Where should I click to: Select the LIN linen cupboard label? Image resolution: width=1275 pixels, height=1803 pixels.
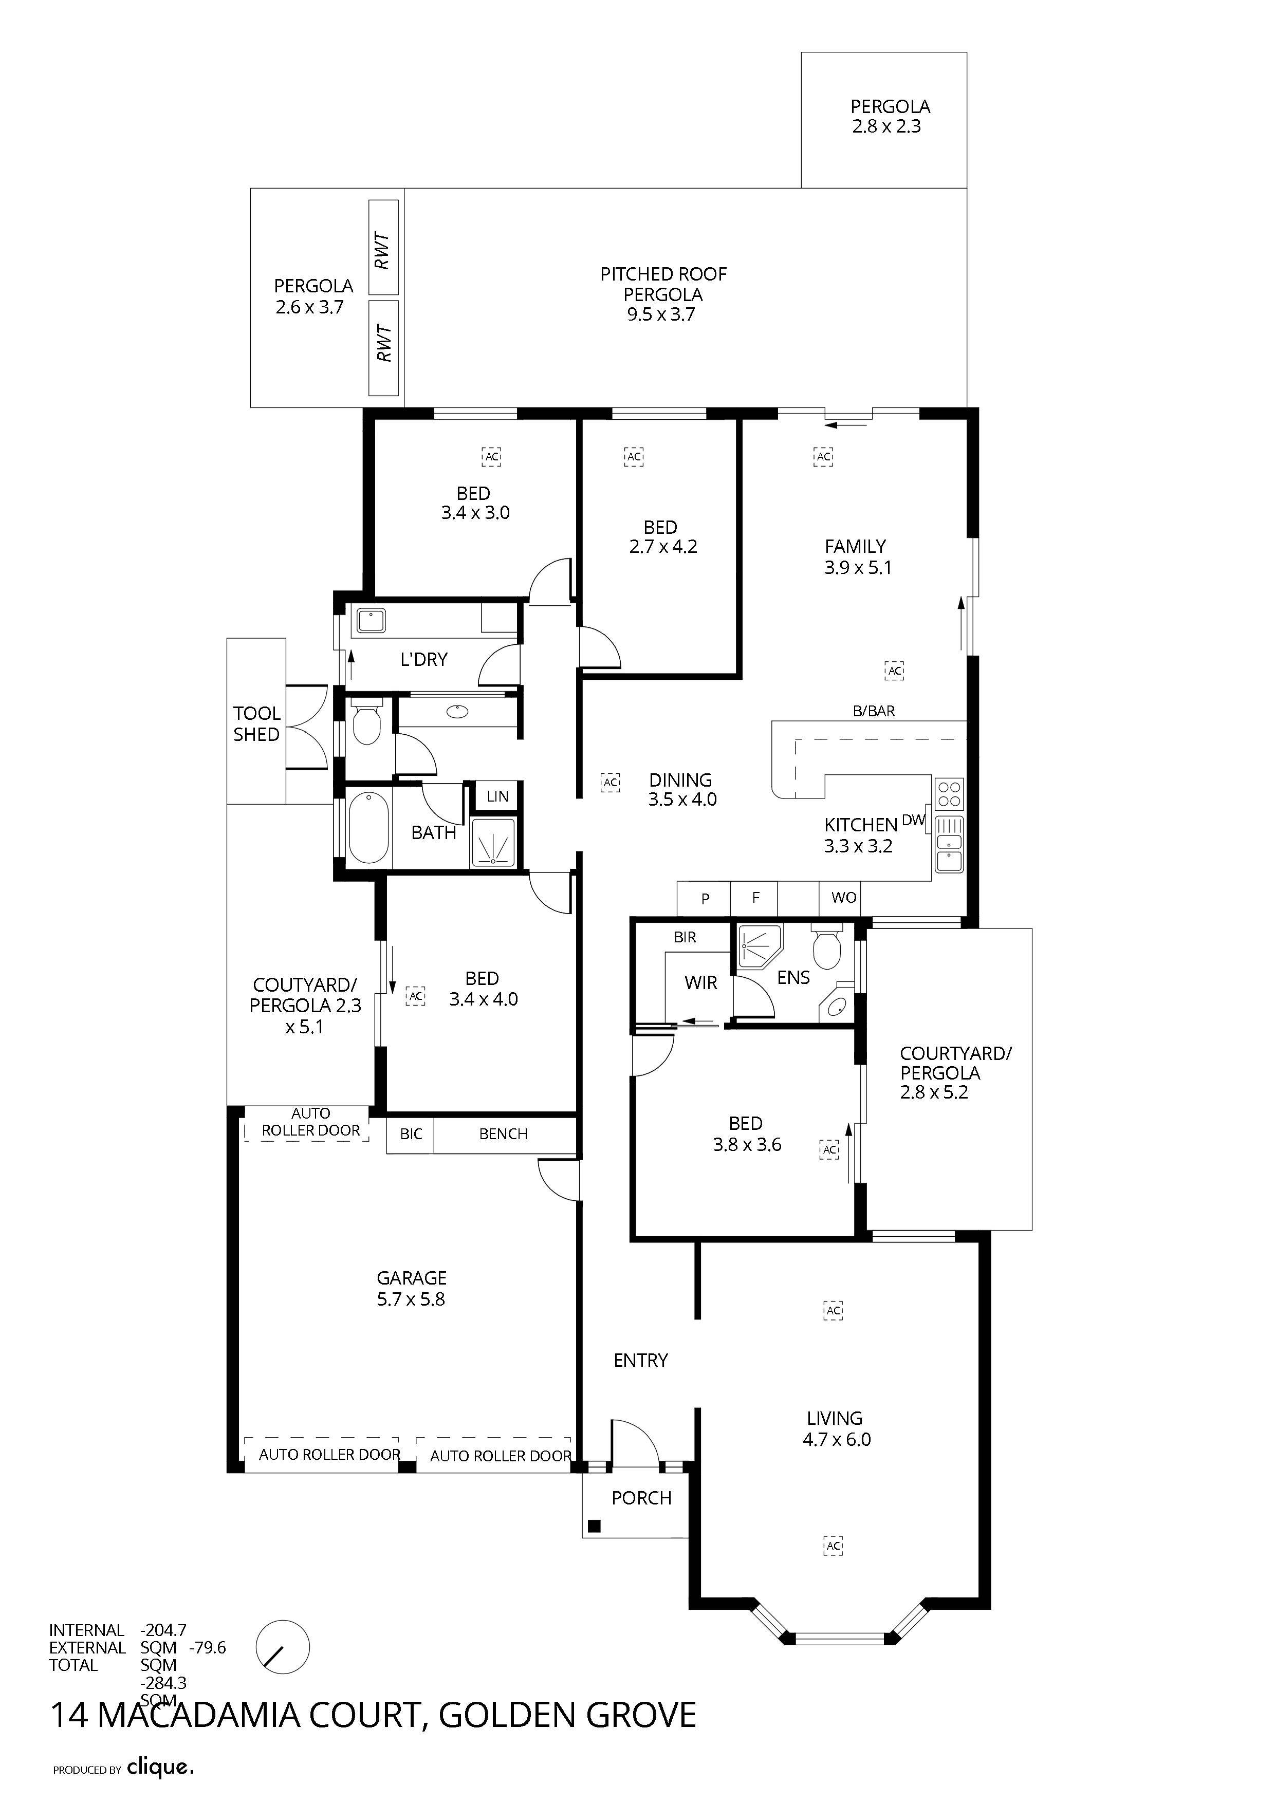(497, 796)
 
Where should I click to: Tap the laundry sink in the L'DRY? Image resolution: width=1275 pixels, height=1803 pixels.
(371, 620)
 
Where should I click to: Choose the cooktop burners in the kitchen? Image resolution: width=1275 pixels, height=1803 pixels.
(949, 793)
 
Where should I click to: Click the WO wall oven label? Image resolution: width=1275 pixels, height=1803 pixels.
(844, 898)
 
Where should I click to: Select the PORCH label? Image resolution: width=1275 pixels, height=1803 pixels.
(642, 1498)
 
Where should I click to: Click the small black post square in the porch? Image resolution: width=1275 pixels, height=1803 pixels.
(595, 1527)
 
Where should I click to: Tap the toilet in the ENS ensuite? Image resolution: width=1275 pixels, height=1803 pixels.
(826, 949)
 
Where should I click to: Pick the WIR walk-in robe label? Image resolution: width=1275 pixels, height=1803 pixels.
(701, 982)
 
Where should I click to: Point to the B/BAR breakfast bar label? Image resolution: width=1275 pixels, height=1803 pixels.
(874, 711)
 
